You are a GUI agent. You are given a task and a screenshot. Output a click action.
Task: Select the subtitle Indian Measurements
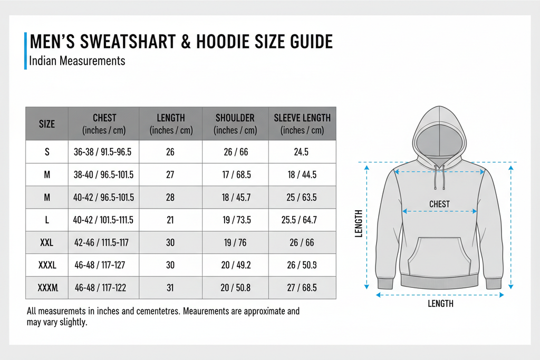pyautogui.click(x=78, y=61)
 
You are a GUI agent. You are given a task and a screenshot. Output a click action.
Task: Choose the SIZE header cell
pyautogui.click(x=47, y=124)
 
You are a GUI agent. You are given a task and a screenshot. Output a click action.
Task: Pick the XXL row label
pyautogui.click(x=47, y=243)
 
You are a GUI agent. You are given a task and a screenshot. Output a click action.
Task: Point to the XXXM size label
pyautogui.click(x=47, y=288)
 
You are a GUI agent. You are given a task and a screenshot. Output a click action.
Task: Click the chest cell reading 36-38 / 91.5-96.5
pyautogui.click(x=103, y=152)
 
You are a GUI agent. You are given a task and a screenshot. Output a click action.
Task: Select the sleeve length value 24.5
pyautogui.click(x=302, y=152)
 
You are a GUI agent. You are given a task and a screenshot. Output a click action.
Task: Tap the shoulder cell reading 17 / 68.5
pyautogui.click(x=235, y=175)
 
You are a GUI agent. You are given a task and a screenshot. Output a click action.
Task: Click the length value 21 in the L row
pyautogui.click(x=170, y=220)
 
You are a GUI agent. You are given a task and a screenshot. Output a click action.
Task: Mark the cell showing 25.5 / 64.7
pyautogui.click(x=302, y=220)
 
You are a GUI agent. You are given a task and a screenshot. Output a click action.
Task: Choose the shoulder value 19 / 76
pyautogui.click(x=235, y=243)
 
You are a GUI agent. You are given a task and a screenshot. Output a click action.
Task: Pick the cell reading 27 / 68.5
pyautogui.click(x=302, y=288)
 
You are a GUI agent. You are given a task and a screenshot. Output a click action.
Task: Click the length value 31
pyautogui.click(x=170, y=288)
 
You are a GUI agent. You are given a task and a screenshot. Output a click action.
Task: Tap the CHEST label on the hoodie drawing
pyautogui.click(x=439, y=204)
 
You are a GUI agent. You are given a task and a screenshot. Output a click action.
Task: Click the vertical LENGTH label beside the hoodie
pyautogui.click(x=359, y=223)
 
